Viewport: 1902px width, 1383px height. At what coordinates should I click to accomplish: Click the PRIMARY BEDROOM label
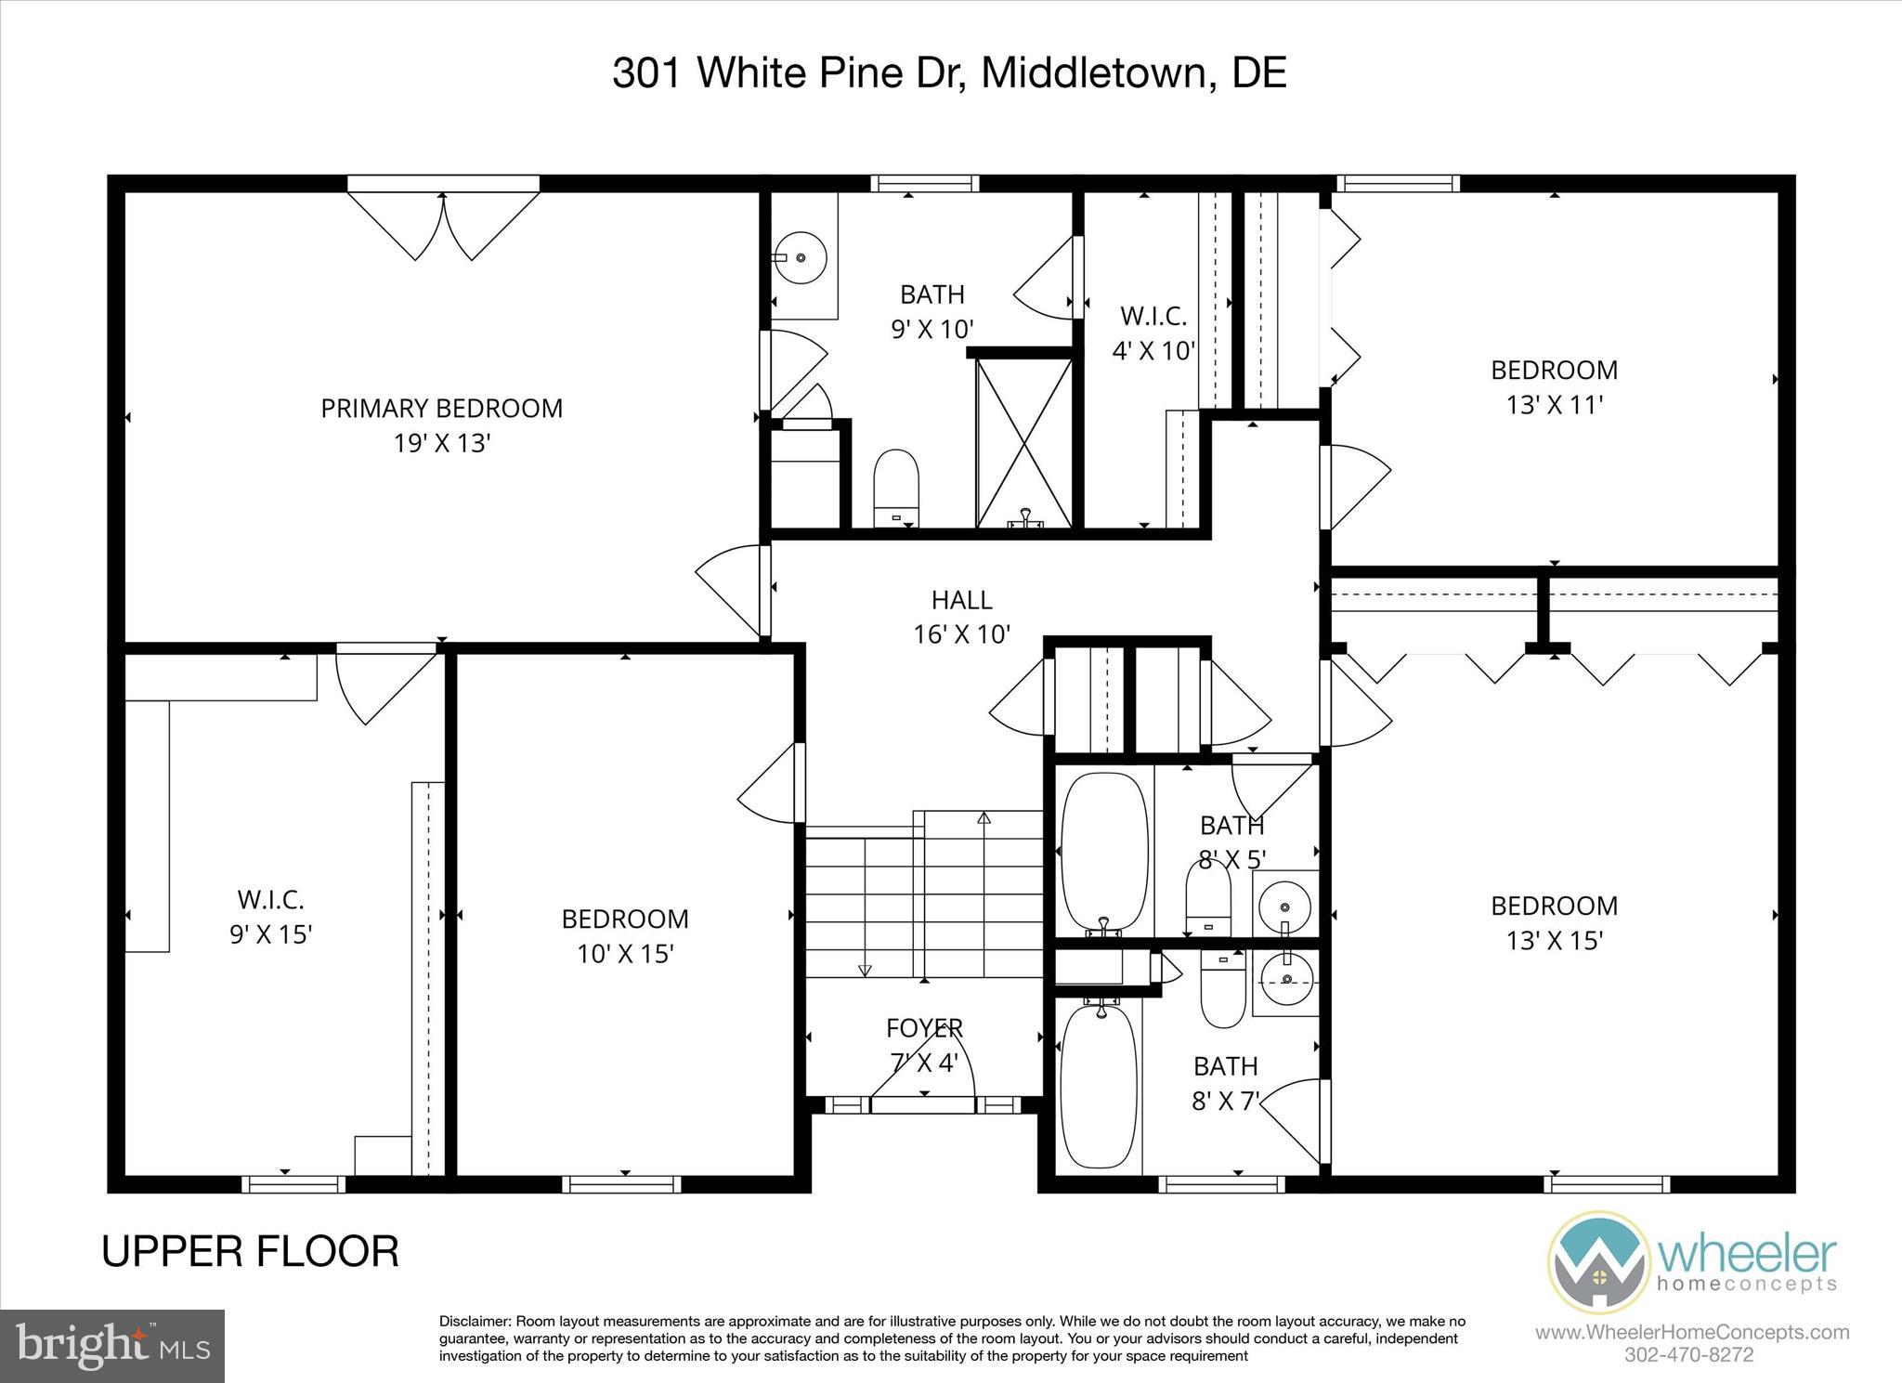pyautogui.click(x=441, y=409)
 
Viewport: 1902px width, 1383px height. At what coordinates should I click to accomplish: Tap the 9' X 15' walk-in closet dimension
pyautogui.click(x=270, y=933)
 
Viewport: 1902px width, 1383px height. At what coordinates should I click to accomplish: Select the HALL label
pyautogui.click(x=961, y=600)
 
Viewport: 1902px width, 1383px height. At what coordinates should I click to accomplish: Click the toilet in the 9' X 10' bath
pyautogui.click(x=896, y=487)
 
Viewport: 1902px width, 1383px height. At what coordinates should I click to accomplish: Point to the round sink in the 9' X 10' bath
pyautogui.click(x=801, y=255)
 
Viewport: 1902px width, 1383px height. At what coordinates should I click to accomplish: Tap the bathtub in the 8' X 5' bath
pyautogui.click(x=1103, y=853)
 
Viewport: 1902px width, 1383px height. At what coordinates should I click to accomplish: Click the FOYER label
pyautogui.click(x=924, y=1028)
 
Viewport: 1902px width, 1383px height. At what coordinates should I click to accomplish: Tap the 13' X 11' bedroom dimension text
pyautogui.click(x=1555, y=405)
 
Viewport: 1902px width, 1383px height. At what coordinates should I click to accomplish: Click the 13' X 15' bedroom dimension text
pyautogui.click(x=1555, y=941)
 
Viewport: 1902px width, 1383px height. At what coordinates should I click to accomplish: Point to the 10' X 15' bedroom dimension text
pyautogui.click(x=625, y=954)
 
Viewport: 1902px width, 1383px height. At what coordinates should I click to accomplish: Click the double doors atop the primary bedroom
pyautogui.click(x=443, y=223)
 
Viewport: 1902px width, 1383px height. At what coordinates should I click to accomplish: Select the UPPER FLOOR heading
pyautogui.click(x=250, y=1251)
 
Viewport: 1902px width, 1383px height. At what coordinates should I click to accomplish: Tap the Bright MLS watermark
pyautogui.click(x=112, y=1345)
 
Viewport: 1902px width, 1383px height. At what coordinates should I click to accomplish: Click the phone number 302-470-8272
pyautogui.click(x=1690, y=1354)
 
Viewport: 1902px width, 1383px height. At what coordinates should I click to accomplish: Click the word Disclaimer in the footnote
pyautogui.click(x=474, y=1322)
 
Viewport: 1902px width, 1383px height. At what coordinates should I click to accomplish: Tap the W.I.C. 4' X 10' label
pyautogui.click(x=1153, y=333)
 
